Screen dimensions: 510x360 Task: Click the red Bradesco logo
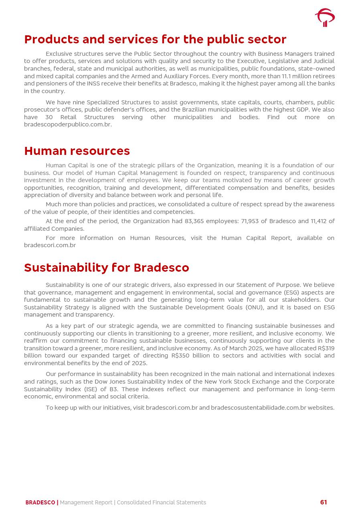click(325, 18)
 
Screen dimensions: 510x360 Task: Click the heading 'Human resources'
click(77, 151)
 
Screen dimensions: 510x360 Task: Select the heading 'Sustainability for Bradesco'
click(106, 268)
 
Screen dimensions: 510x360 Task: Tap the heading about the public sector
click(155, 39)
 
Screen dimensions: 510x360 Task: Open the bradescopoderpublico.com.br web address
click(67, 124)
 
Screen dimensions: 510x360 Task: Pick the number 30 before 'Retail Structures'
click(49, 117)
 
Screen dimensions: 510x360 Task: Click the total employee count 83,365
click(197, 221)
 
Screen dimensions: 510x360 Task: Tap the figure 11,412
click(316, 221)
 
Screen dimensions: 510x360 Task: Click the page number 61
click(324, 502)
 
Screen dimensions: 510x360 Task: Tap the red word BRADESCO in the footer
click(40, 502)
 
